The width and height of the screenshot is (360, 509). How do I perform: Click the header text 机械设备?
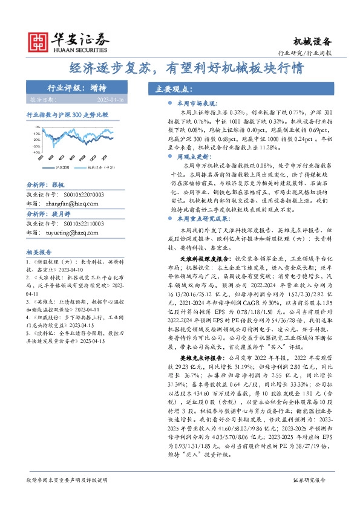[312, 41]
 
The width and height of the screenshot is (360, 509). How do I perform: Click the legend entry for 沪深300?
[62, 167]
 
